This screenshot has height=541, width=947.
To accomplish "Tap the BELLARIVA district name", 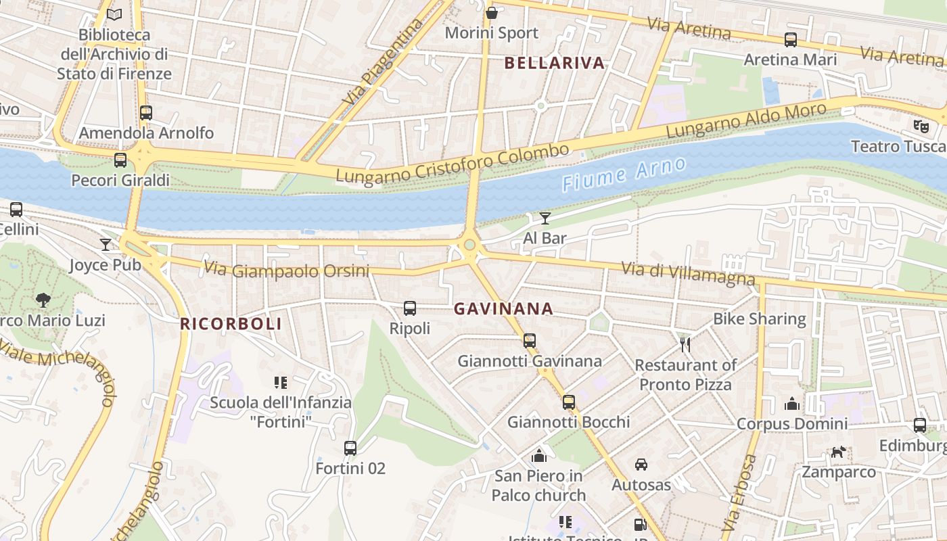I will point(555,64).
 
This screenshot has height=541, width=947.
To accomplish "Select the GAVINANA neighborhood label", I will point(503,309).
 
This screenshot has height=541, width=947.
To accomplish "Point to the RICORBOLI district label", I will point(231,324).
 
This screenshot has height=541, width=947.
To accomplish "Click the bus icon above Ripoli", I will point(410,308).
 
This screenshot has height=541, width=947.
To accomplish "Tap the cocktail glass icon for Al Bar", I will point(545,218).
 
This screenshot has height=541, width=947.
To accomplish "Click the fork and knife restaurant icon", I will point(685,345).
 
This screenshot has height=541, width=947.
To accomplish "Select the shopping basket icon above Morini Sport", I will point(492,13).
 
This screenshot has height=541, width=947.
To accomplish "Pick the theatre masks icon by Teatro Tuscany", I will point(921,126).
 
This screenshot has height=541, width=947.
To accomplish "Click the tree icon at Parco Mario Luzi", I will point(43,300).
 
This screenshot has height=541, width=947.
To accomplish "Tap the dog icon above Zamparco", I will point(839,452).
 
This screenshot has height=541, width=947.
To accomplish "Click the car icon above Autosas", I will point(641,465).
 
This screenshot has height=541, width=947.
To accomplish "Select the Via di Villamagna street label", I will point(688,274).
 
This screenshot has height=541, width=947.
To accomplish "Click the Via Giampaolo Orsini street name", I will point(287,270).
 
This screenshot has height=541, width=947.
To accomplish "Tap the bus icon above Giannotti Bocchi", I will point(569,402).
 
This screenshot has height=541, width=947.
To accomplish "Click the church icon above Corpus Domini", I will point(792,404).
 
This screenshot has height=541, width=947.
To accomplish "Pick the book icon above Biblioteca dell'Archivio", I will point(115,14).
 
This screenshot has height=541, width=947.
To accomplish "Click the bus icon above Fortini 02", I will point(350,448).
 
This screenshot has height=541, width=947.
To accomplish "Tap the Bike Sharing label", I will point(760,319).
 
